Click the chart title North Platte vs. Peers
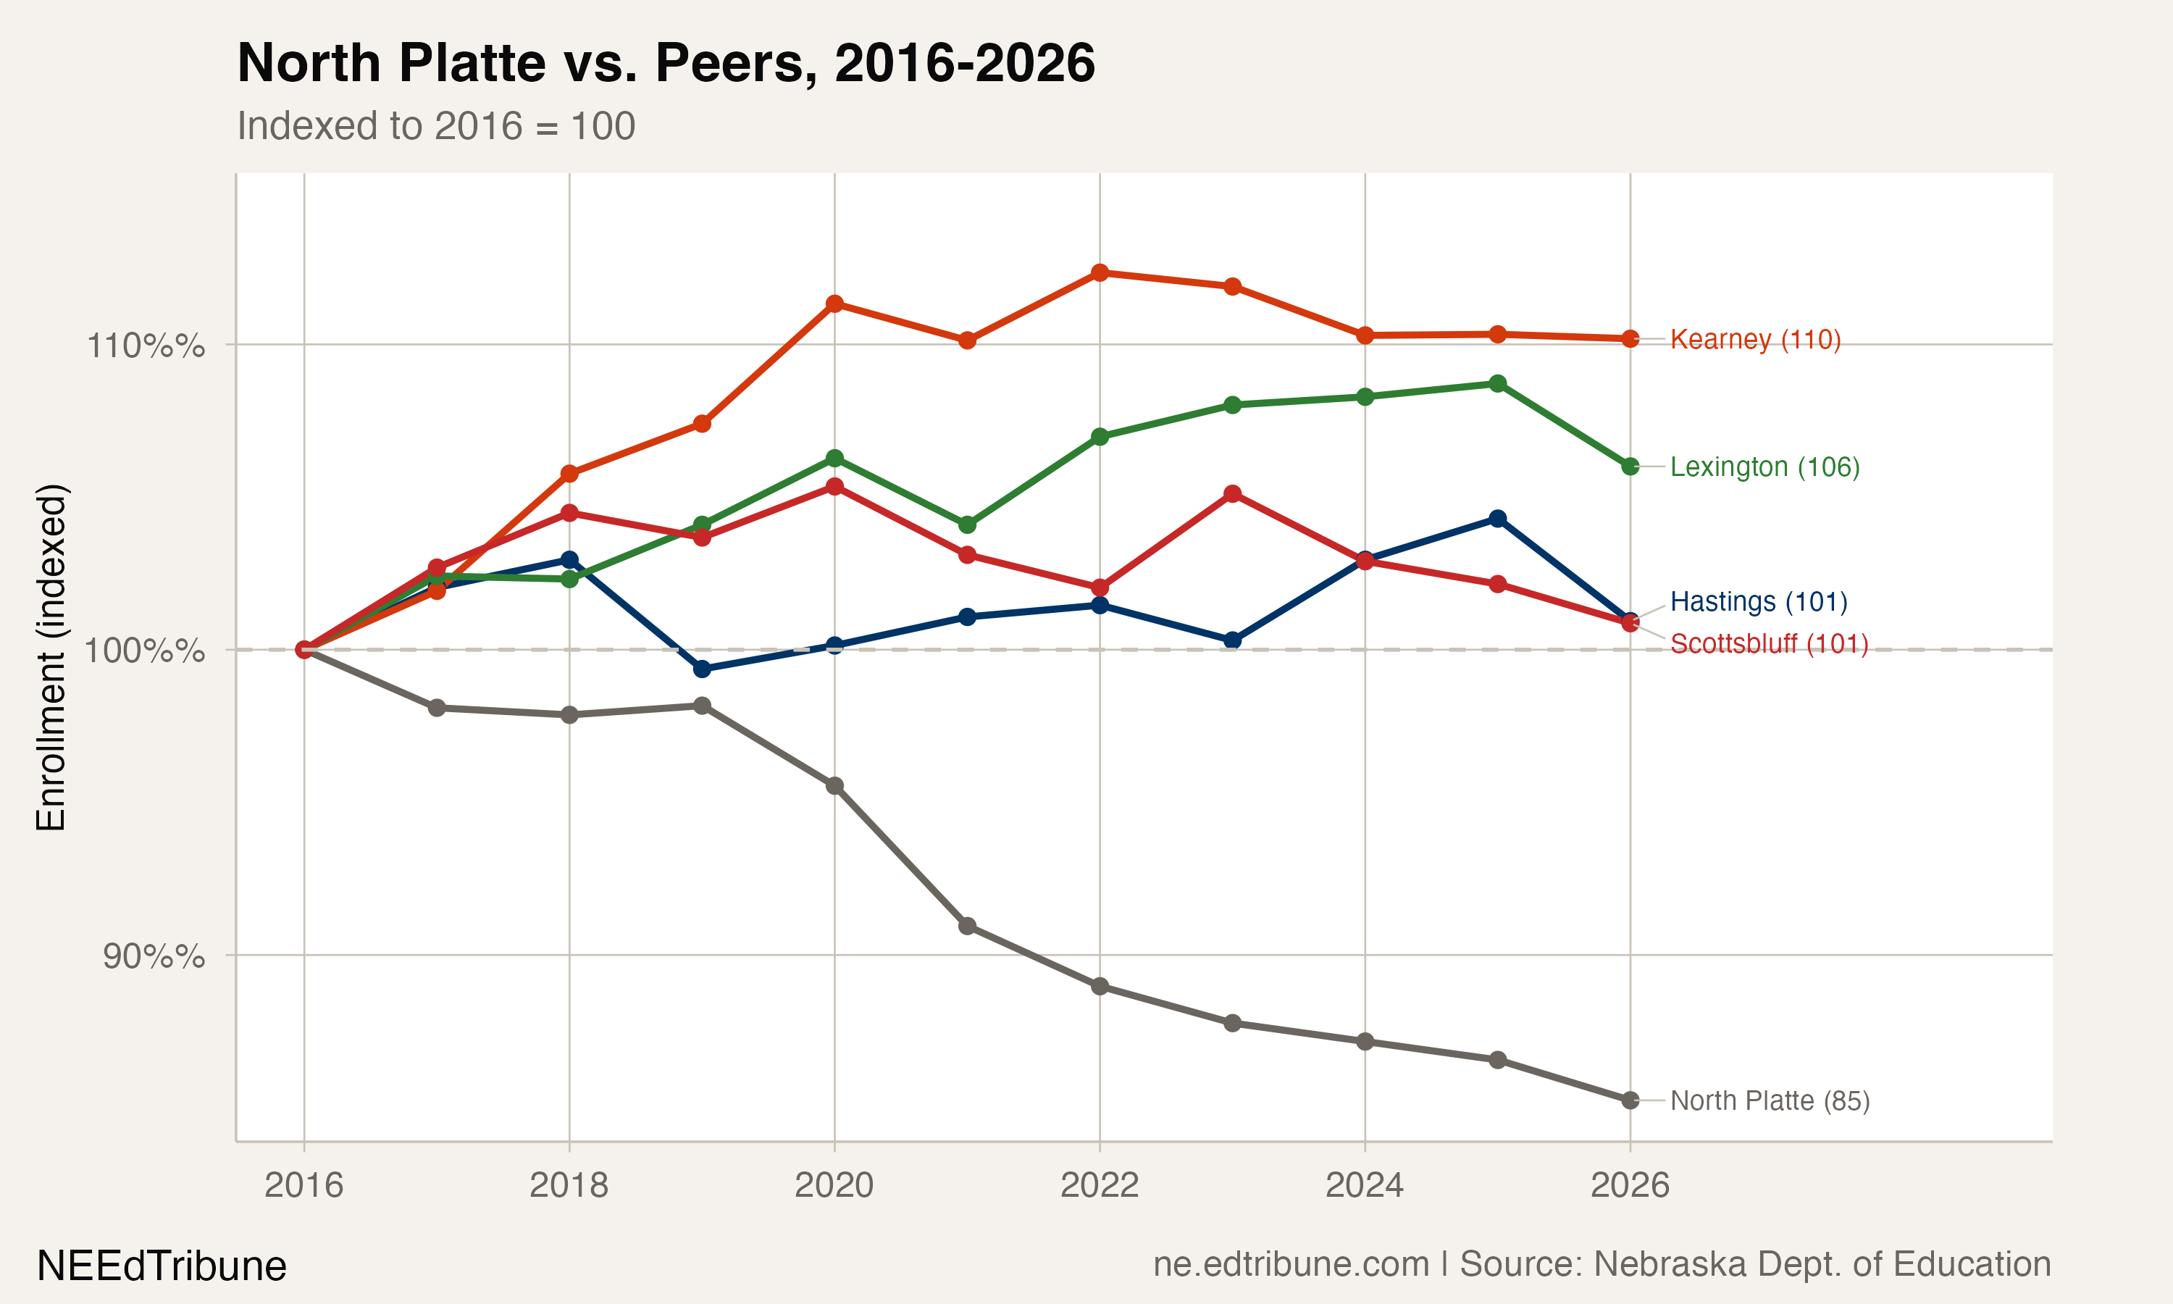(x=666, y=63)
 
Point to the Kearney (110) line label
(x=1755, y=339)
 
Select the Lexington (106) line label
(x=1764, y=467)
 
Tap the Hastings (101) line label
(x=1759, y=602)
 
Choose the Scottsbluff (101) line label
(x=1769, y=644)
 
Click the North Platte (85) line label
(x=1770, y=1100)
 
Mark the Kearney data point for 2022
(x=1100, y=272)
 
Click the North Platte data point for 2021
(x=967, y=926)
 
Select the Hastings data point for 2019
(x=702, y=669)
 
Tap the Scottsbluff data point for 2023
(x=1232, y=494)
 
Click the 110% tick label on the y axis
(x=145, y=346)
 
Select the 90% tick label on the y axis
(x=153, y=956)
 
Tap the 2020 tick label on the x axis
(x=834, y=1185)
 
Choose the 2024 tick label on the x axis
(x=1364, y=1185)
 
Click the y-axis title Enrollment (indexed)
(x=51, y=656)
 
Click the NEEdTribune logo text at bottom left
(x=162, y=1266)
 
